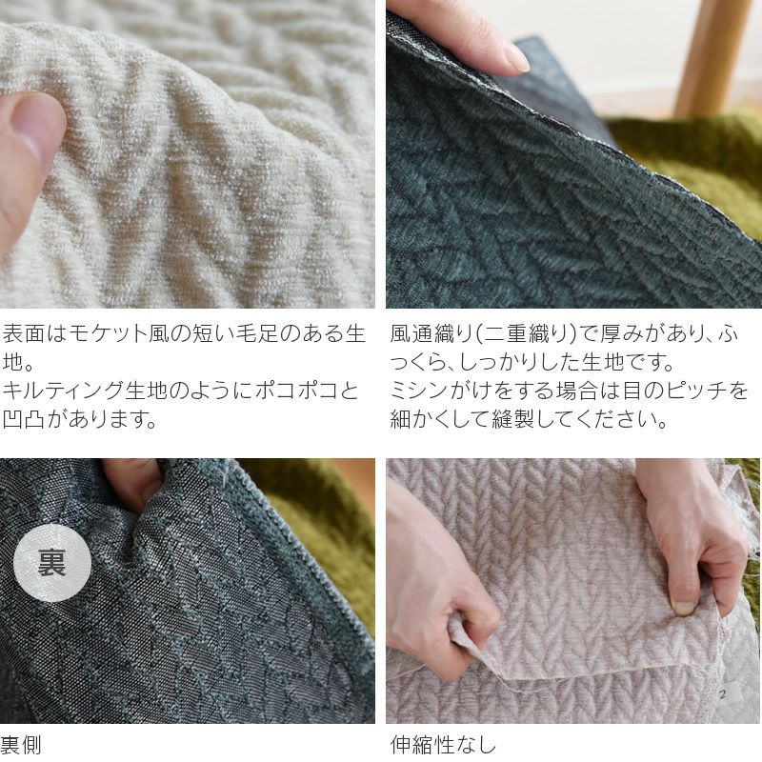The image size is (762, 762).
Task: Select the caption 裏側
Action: coord(21,744)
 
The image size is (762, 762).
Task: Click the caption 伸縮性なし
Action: coord(443,744)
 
